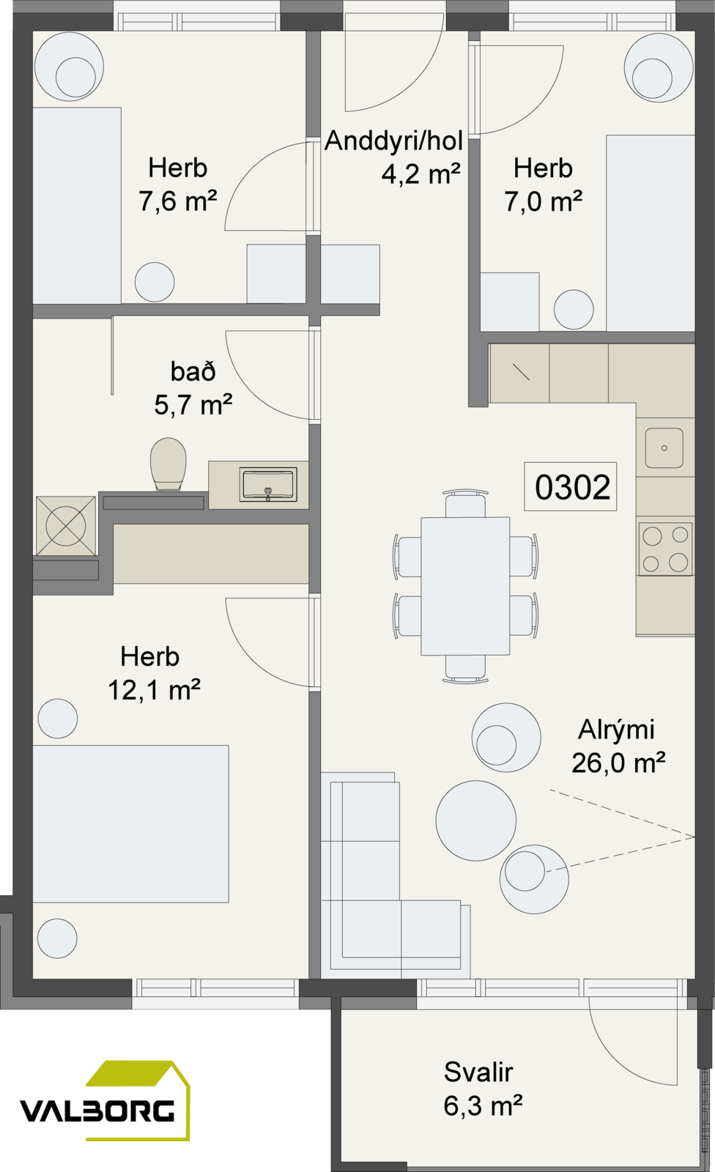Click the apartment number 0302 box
571,486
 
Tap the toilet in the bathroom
168,464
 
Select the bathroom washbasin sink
269,484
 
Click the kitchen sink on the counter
664,448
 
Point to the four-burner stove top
665,549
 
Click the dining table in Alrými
465,586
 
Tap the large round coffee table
475,820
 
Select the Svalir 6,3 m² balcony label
483,1088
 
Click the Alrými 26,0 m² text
618,746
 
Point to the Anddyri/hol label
393,141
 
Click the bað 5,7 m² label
193,387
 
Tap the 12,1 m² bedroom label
154,673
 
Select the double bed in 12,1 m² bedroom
131,824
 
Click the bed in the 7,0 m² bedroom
651,233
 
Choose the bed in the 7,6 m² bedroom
77,206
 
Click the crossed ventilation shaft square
66,525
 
